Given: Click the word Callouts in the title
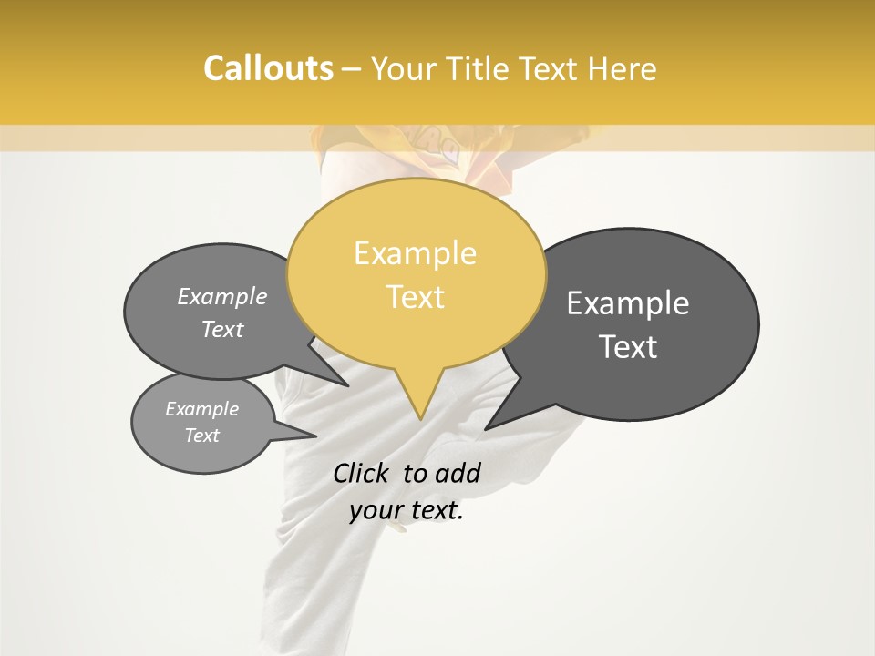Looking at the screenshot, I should pos(268,68).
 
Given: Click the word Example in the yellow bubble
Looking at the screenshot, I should pos(415,253).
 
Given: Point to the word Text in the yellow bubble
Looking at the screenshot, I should pos(415,297).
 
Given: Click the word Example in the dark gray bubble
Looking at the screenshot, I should pos(628,303).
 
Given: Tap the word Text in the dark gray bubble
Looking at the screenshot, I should pos(628,347).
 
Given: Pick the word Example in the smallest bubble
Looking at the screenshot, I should pos(201,409).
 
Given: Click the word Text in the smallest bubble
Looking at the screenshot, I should pos(201,436).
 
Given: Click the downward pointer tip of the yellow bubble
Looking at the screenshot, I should pos(420,419).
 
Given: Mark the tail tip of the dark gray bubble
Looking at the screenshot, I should pos(486,429).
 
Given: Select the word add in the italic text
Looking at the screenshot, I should pos(458,473).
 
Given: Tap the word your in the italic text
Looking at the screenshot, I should pos(376,511).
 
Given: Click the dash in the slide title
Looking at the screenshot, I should pos(352,68).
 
